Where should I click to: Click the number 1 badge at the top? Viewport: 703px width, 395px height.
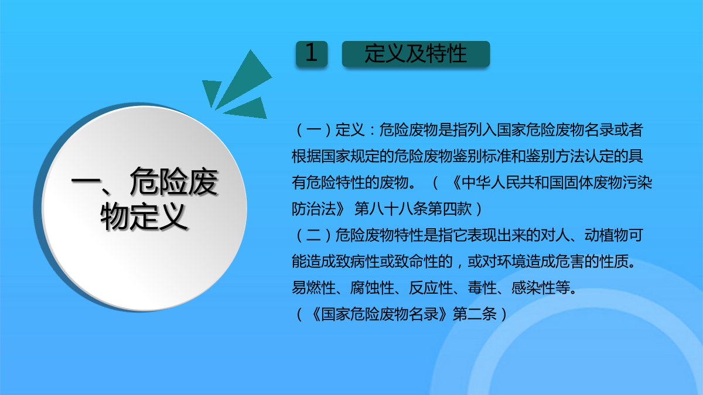[312, 54]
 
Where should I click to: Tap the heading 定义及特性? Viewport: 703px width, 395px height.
[416, 54]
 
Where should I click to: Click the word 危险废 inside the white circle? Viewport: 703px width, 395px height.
[174, 182]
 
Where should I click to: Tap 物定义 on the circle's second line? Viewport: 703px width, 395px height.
[144, 217]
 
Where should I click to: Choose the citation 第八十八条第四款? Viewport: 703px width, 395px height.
[413, 209]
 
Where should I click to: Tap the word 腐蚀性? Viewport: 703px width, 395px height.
[372, 288]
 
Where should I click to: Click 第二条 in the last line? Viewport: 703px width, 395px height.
[475, 314]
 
